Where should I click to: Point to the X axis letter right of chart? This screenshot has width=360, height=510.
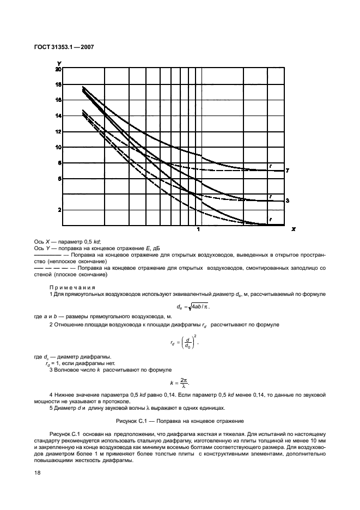293,229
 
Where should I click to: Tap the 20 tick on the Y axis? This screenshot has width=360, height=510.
58,69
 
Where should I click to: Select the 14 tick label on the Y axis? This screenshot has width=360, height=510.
58,116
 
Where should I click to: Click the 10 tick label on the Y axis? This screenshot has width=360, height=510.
58,147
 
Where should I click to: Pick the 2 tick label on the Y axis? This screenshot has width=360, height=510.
59,210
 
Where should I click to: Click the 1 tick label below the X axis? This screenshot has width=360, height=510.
198,230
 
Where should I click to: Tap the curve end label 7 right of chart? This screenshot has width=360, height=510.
287,171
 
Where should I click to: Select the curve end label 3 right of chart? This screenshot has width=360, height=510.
287,201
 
